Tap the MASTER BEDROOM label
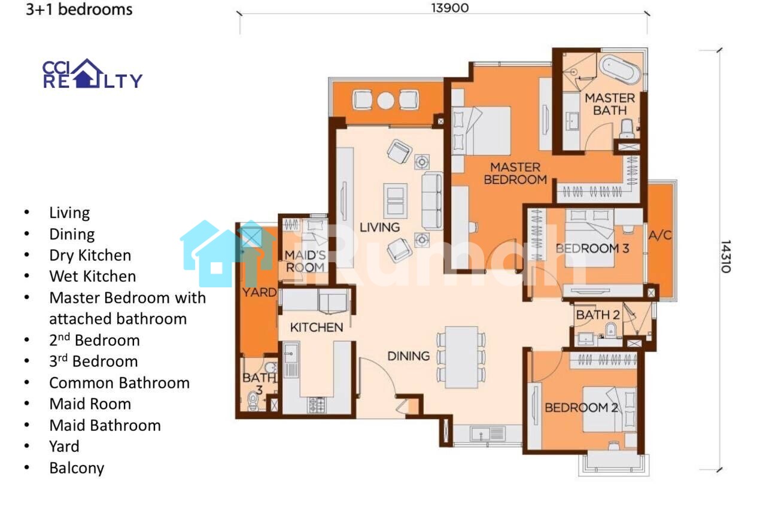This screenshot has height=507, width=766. coord(515,174)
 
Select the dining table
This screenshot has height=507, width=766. coord(461,357)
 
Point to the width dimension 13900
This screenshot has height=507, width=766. coord(449,8)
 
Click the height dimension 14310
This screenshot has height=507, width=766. coord(726,257)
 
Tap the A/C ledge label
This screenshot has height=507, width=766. coord(660,235)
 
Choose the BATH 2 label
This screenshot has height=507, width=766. coord(598,315)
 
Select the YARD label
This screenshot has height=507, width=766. coord(259,293)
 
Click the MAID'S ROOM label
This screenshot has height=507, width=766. coord(305,261)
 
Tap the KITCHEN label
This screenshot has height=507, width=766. coord(317,327)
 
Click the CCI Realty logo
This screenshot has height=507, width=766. coord(92,74)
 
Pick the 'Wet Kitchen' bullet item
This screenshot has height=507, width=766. coord(93,277)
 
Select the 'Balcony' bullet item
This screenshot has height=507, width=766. coord(77,468)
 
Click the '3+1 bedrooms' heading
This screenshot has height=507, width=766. coord(79,10)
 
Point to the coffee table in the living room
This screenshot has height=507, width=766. coord(396,201)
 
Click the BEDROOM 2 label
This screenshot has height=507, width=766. coord(581,408)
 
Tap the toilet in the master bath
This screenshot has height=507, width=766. coord(627,129)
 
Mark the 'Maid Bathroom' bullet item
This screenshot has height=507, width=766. coord(105,426)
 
